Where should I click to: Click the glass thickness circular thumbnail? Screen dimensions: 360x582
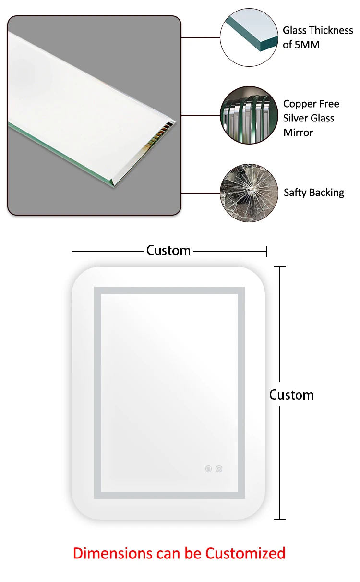249,37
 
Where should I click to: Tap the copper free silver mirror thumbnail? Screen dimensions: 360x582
249,115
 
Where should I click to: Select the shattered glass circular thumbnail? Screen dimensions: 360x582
249,193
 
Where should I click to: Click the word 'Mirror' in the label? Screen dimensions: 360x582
298,133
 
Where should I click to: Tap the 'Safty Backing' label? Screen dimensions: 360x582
314,193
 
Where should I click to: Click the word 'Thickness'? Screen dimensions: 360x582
331,31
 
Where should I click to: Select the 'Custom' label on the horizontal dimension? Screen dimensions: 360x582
168,251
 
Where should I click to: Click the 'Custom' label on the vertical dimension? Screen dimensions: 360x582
291,395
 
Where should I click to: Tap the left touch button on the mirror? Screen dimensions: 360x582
208,469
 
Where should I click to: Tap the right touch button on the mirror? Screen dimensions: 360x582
219,469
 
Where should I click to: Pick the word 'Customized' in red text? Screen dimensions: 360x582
245,553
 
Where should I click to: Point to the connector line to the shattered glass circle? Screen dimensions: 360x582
200,193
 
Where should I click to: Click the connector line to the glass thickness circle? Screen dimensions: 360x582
200,37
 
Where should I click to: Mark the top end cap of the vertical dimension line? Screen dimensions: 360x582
280,267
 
